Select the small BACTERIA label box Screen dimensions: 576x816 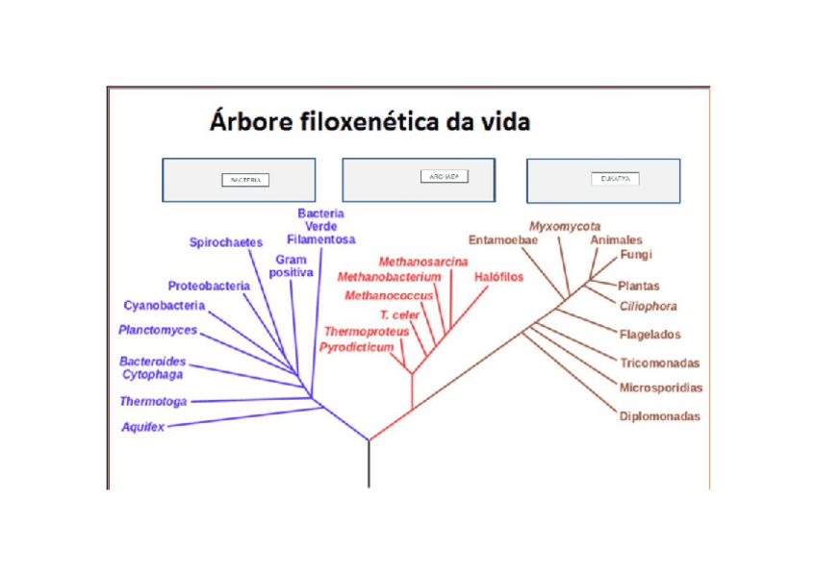pyautogui.click(x=245, y=180)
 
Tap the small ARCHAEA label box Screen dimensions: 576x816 pyautogui.click(x=445, y=177)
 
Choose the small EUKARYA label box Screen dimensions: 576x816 pyautogui.click(x=615, y=178)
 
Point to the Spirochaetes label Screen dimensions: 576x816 pyautogui.click(x=226, y=243)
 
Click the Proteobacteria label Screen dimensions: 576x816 pyautogui.click(x=209, y=286)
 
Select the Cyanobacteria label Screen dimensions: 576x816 pyautogui.click(x=165, y=306)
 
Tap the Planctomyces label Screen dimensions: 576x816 pyautogui.click(x=158, y=330)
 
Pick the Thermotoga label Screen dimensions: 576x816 pyautogui.click(x=153, y=401)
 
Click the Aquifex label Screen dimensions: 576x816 pyautogui.click(x=142, y=426)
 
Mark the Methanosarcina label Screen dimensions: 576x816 pyautogui.click(x=423, y=262)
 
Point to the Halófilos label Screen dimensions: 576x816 pyautogui.click(x=498, y=277)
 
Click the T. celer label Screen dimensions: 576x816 pyautogui.click(x=400, y=314)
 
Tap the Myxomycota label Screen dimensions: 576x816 pyautogui.click(x=565, y=226)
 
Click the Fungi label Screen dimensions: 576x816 pyautogui.click(x=636, y=255)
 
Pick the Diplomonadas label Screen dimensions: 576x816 pyautogui.click(x=659, y=416)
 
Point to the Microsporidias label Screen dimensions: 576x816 pyautogui.click(x=661, y=388)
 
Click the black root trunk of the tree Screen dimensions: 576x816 pyautogui.click(x=369, y=465)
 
